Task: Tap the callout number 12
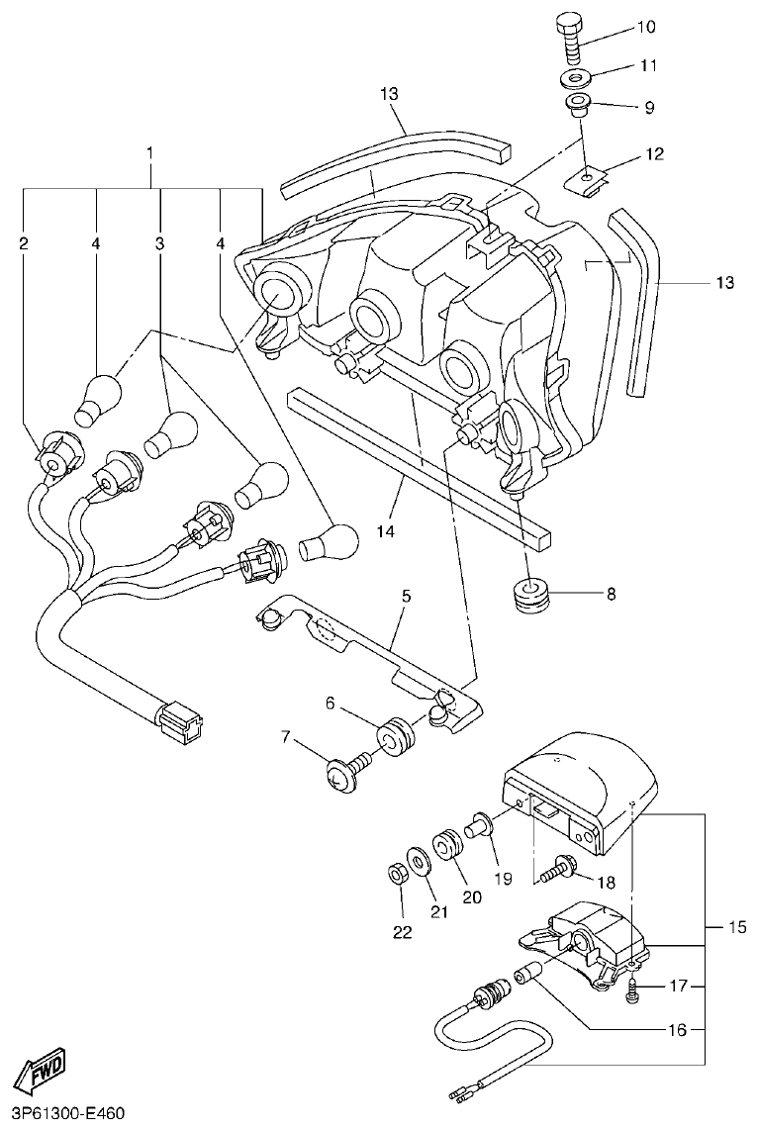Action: point(654,154)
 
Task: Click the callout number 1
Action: point(150,154)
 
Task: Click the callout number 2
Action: point(23,242)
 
